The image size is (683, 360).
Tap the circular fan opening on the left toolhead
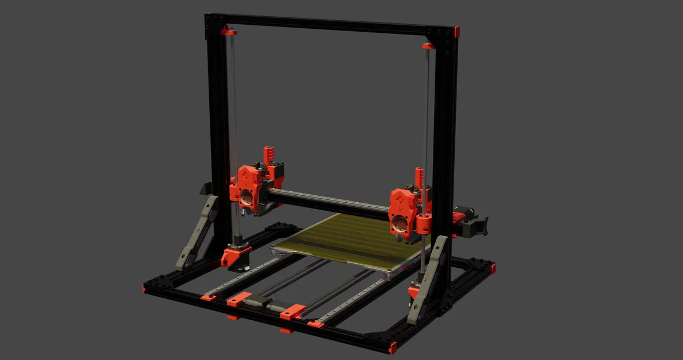246,198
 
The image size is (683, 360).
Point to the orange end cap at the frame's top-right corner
456,32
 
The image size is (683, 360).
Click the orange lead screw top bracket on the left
229,30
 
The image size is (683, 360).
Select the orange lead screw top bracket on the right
429,46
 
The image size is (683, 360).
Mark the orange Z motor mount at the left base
235,253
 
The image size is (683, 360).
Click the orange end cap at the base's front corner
393,348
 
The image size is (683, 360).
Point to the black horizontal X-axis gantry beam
329,202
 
